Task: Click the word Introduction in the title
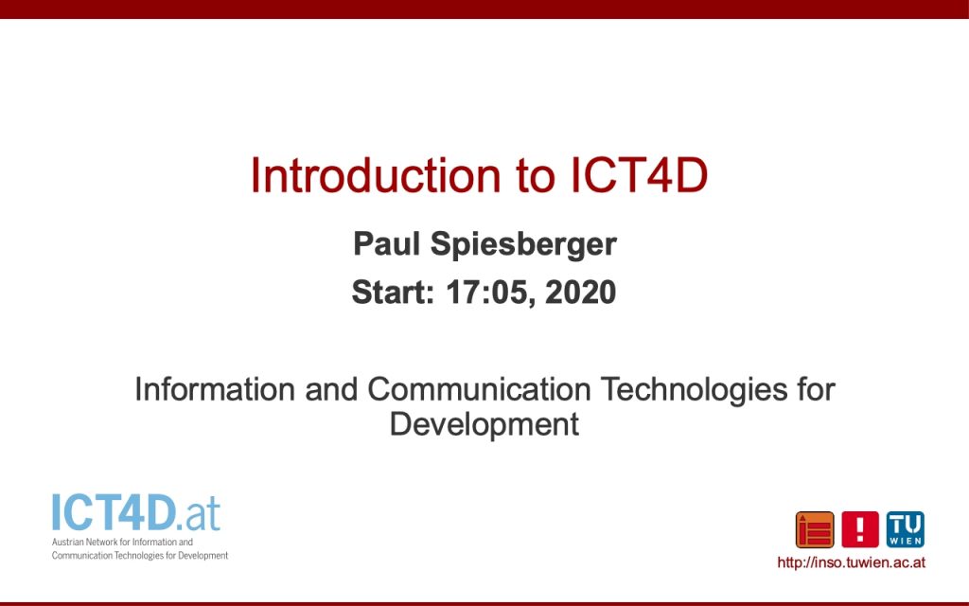375,175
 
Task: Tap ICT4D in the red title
638,175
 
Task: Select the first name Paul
386,243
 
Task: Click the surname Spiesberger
523,245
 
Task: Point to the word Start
393,292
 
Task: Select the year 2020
581,292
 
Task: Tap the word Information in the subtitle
215,389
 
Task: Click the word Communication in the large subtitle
479,389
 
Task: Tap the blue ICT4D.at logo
136,512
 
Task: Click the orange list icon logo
815,530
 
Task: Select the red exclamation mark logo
859,530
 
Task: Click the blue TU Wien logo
906,530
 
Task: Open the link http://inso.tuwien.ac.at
851,562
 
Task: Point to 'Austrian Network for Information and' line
122,543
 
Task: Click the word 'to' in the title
536,177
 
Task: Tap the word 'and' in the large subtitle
331,389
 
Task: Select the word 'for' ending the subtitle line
816,389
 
